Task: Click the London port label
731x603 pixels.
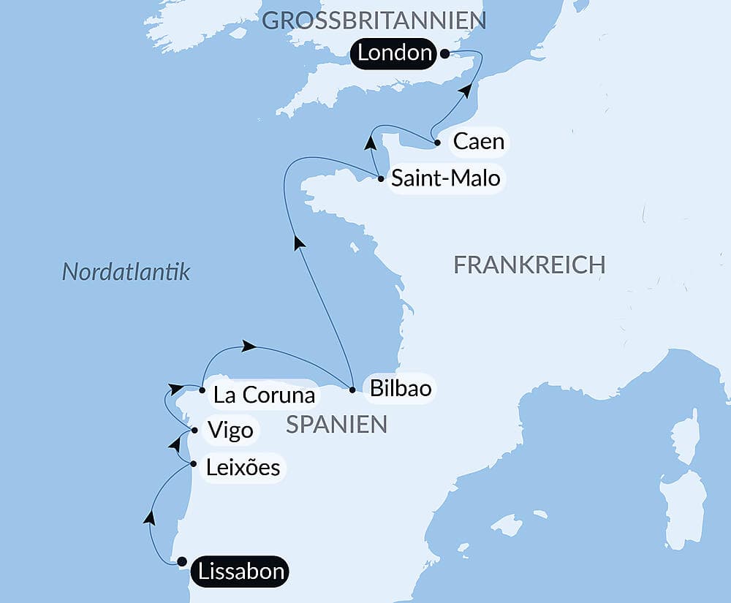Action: point(395,53)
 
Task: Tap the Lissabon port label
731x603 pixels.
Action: point(239,571)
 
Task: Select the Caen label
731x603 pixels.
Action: point(479,141)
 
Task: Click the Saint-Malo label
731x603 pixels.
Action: point(446,178)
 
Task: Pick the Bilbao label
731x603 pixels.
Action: point(401,389)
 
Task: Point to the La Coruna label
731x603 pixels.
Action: point(264,395)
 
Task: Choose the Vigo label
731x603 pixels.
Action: point(230,430)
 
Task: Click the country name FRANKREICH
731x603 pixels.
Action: point(529,265)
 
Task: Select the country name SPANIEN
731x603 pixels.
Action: point(336,425)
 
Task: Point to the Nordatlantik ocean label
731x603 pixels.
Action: point(126,273)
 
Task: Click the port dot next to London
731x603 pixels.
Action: point(444,53)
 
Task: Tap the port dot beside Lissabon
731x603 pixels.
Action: point(182,562)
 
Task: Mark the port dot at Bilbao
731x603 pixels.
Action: point(352,390)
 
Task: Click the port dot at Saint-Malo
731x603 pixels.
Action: point(381,178)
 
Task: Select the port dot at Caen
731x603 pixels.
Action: point(437,143)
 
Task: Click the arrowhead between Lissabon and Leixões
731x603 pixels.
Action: point(149,517)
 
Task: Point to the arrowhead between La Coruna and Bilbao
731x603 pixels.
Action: point(249,346)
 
